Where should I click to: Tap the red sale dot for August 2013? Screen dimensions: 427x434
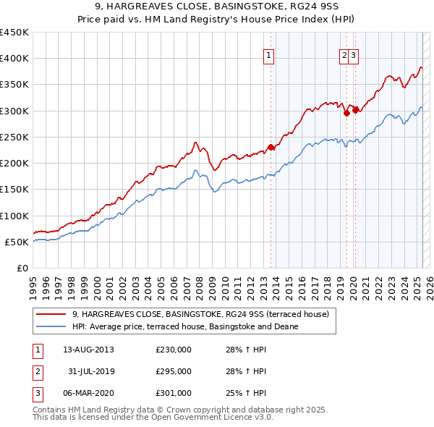click(271, 148)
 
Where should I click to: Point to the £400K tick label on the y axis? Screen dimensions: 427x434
click(14, 59)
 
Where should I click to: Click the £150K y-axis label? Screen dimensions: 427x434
click(14, 190)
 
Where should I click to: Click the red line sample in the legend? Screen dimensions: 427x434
click(51, 314)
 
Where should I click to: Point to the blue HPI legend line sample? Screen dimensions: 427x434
click(51, 326)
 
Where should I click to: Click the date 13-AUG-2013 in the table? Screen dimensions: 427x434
click(88, 350)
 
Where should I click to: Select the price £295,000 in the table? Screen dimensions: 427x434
click(174, 371)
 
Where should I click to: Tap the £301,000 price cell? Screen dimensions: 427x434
click(174, 393)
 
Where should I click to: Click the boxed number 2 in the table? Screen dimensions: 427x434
click(37, 371)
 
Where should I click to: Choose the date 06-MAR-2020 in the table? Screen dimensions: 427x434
click(88, 393)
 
